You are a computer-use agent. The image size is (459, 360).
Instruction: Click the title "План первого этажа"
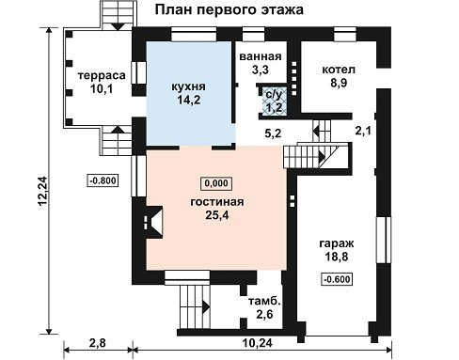click(229, 9)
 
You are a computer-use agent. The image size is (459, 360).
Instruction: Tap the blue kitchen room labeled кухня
click(191, 93)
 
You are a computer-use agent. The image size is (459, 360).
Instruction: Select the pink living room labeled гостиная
click(216, 209)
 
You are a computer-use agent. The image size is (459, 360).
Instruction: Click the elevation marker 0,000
click(216, 183)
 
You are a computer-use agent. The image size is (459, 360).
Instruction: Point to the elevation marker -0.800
click(103, 180)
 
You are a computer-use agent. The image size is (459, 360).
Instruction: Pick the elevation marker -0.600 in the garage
click(337, 279)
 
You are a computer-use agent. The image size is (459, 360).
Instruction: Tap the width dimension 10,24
click(258, 343)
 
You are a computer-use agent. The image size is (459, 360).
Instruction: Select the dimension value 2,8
click(97, 343)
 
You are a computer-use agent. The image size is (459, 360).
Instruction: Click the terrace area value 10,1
click(102, 89)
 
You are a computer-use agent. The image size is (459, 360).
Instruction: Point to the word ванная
click(261, 56)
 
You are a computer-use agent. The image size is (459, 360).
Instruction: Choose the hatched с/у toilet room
click(275, 101)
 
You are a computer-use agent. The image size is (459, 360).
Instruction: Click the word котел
click(339, 70)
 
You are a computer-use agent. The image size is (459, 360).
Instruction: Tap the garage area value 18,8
click(337, 257)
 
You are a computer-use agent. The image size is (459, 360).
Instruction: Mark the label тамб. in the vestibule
click(264, 302)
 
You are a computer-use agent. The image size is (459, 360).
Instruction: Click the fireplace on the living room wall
click(154, 222)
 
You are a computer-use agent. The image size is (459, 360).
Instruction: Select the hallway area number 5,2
click(273, 133)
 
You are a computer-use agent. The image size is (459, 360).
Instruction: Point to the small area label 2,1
click(363, 130)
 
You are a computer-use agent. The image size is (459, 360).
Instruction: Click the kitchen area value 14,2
click(188, 100)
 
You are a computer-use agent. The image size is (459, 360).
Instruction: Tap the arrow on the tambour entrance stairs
click(206, 307)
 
